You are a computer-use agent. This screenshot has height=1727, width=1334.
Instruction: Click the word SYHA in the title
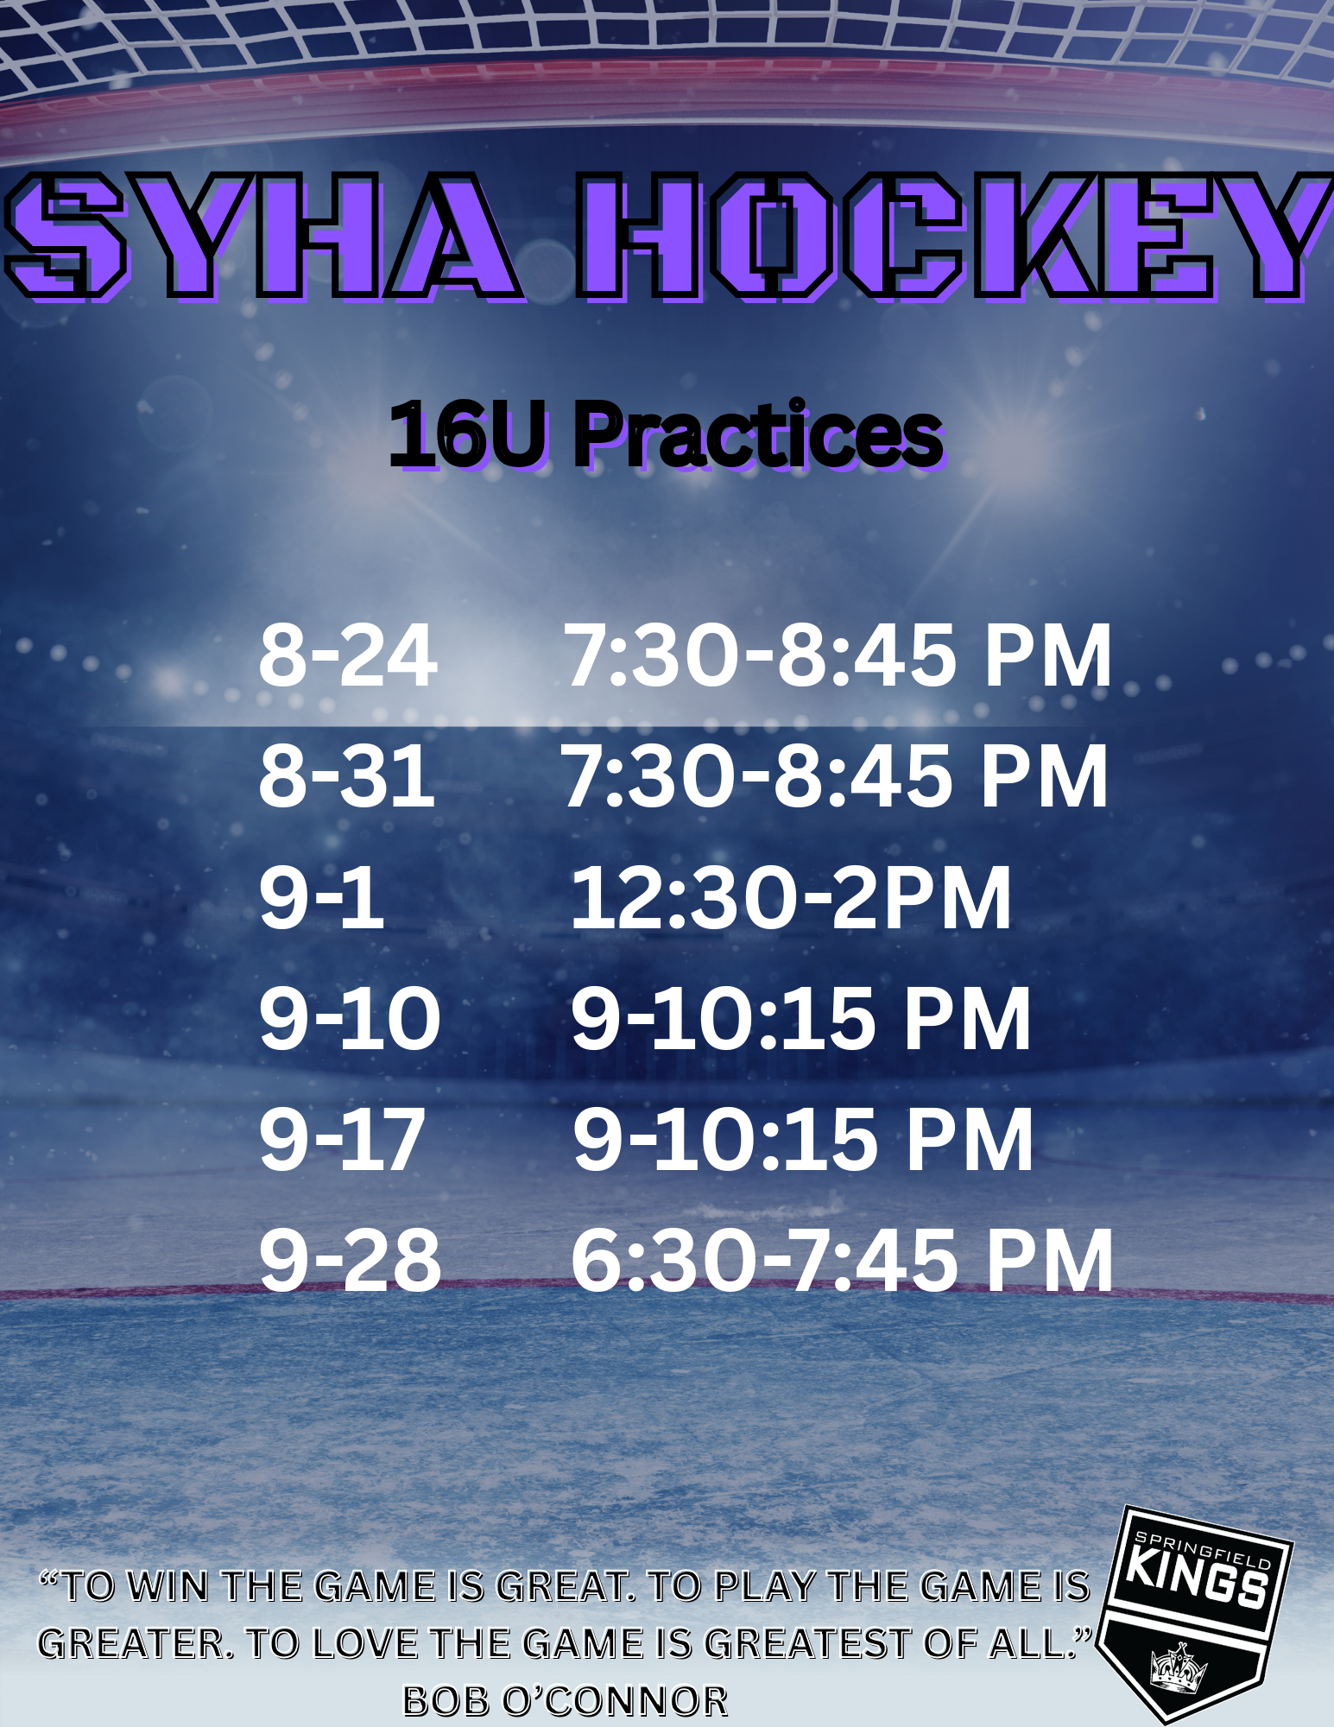263,236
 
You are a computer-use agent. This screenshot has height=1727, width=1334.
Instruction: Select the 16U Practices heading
666,435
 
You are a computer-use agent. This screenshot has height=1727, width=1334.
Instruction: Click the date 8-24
348,655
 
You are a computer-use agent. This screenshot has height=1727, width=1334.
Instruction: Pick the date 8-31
346,776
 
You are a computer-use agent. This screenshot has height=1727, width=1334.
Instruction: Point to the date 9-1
321,898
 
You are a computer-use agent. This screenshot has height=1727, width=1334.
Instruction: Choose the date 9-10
350,1019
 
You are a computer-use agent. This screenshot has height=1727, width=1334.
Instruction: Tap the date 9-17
342,1140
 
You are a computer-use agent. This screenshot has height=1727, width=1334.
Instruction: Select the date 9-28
350,1261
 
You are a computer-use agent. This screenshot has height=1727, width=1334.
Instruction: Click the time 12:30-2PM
791,898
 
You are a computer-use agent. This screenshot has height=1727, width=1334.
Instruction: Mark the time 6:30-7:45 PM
842,1261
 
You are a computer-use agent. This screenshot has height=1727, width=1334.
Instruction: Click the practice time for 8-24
838,655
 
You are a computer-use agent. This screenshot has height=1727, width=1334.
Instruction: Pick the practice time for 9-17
803,1140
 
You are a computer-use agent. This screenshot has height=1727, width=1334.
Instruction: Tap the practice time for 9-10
801,1019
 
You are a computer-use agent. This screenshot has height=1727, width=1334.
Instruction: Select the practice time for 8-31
835,776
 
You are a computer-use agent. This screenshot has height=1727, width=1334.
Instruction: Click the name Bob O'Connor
566,1701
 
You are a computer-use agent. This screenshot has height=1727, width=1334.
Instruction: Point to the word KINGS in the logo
1198,1578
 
